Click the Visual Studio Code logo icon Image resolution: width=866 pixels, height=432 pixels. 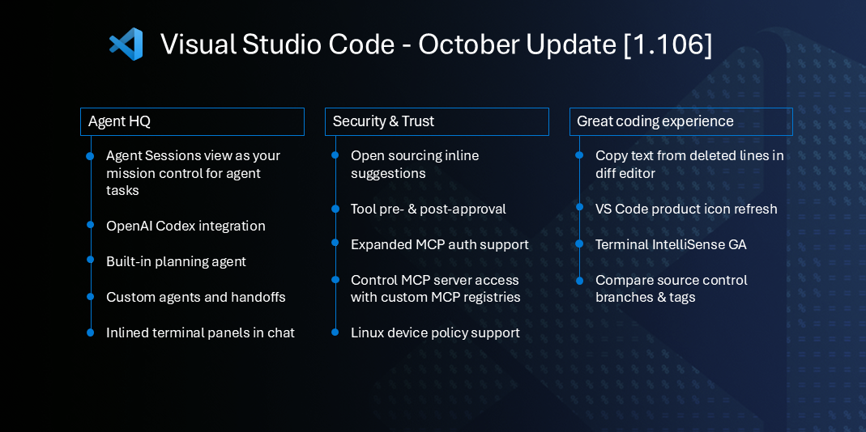point(126,44)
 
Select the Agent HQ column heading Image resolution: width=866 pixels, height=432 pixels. point(192,121)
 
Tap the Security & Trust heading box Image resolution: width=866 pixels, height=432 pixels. point(437,121)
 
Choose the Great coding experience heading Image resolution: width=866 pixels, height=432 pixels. point(680,121)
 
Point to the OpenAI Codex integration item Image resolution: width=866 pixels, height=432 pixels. point(186,226)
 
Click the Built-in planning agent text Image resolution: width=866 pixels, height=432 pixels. point(176,261)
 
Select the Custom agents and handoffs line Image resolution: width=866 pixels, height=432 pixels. point(195,297)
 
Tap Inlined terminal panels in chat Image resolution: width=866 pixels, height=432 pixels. point(200,332)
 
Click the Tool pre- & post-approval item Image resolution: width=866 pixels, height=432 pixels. point(428,209)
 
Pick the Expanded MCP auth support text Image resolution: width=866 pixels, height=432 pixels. point(439,244)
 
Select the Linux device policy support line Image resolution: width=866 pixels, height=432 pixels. point(435,332)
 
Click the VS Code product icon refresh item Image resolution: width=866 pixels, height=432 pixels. point(686,209)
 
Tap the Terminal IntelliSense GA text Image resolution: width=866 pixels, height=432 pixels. point(671,244)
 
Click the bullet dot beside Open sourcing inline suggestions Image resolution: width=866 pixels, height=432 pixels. point(335,155)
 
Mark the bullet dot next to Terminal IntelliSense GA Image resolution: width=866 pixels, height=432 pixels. point(579,244)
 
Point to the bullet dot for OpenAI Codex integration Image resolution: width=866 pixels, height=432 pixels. point(90,226)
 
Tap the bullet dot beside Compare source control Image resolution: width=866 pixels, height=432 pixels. point(579,280)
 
